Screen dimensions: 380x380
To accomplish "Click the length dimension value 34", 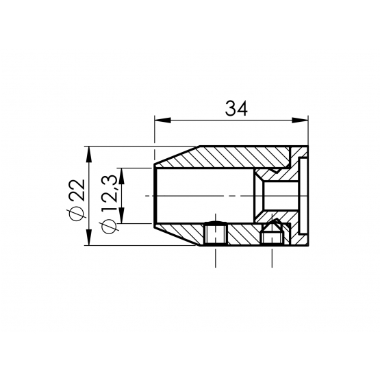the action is tap(236, 109).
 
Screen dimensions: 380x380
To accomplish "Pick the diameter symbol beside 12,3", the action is tap(110, 227).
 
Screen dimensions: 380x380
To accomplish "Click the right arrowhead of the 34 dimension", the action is tap(300, 120).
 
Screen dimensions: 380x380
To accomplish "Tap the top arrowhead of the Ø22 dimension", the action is tap(89, 154).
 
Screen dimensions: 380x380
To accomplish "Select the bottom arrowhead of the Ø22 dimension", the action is tap(89, 238).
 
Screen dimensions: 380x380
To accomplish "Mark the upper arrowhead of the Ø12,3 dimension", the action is tap(122, 176).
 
